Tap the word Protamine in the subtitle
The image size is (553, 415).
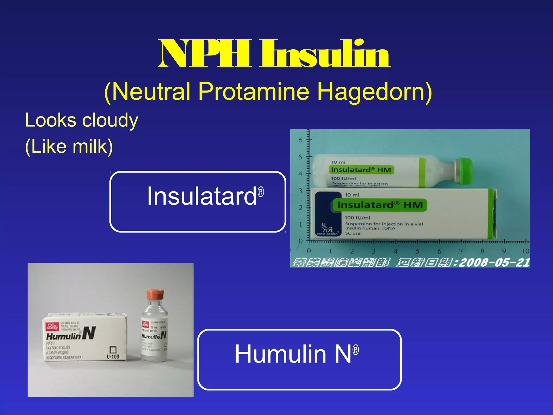pyautogui.click(x=254, y=92)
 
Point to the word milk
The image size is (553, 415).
pyautogui.click(x=89, y=146)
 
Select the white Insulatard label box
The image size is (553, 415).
pyautogui.click(x=198, y=202)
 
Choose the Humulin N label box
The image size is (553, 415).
pyautogui.click(x=299, y=359)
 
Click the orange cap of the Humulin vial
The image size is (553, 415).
pyautogui.click(x=155, y=295)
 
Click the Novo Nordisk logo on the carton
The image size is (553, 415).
pyautogui.click(x=327, y=229)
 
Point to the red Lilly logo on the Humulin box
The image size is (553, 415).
pyautogui.click(x=52, y=326)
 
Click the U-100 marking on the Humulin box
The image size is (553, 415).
pyautogui.click(x=113, y=357)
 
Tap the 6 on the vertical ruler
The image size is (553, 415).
pyautogui.click(x=300, y=140)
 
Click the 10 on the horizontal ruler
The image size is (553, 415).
pyautogui.click(x=525, y=251)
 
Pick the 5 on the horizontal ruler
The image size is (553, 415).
pyautogui.click(x=417, y=251)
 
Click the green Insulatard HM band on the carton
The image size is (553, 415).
pyautogui.click(x=380, y=205)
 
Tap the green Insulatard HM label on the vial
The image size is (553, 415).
pyautogui.click(x=361, y=170)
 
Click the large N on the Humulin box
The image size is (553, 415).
pyautogui.click(x=89, y=333)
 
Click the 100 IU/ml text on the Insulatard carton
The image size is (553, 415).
pyautogui.click(x=358, y=218)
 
